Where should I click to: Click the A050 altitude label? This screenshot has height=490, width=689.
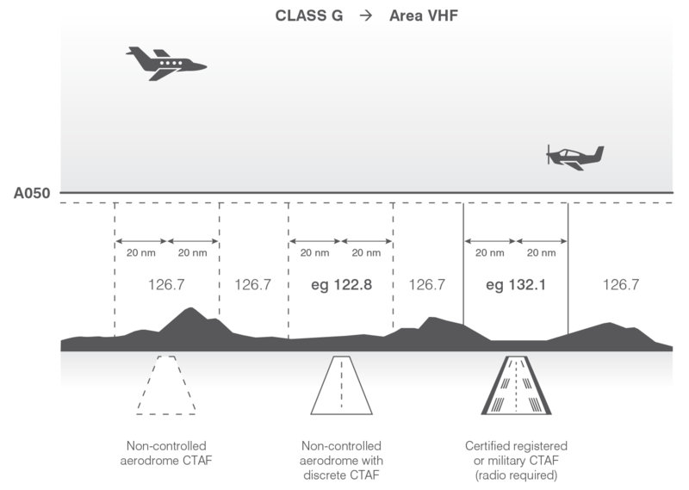click(32, 194)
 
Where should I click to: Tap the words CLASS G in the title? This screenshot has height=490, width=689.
click(309, 16)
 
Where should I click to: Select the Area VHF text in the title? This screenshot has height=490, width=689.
click(424, 16)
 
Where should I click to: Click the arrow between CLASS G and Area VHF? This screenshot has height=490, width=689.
click(365, 16)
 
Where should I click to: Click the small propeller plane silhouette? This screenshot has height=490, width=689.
click(574, 158)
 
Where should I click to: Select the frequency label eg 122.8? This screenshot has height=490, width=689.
click(341, 285)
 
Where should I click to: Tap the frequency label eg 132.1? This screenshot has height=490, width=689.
click(516, 285)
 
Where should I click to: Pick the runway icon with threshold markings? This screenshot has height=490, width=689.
click(516, 386)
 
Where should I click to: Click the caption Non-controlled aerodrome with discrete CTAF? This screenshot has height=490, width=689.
click(341, 461)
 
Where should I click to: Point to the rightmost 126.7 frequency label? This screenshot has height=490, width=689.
click(620, 285)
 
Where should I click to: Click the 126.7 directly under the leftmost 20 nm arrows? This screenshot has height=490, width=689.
click(166, 285)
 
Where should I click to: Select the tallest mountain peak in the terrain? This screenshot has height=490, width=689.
click(190, 308)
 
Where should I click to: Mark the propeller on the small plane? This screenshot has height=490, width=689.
click(548, 154)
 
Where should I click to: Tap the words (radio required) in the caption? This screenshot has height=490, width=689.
click(516, 475)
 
